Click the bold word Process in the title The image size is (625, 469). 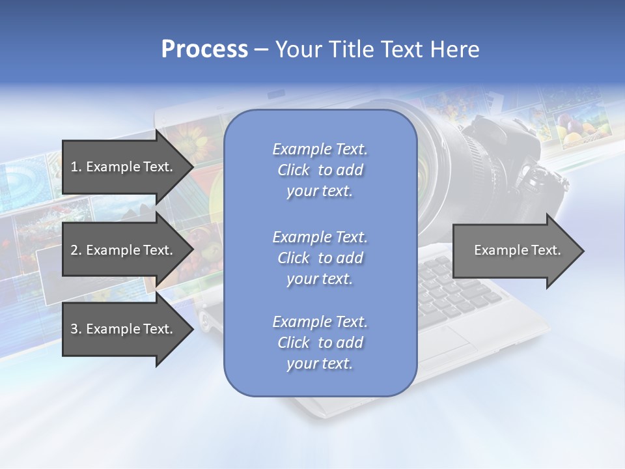coord(204,50)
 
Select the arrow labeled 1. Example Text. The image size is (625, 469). coord(124,167)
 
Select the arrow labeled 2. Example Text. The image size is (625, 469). coord(124,250)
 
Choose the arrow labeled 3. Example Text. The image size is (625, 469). coord(124,329)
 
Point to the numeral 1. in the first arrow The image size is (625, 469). coord(76,167)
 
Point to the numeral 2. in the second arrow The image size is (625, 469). coord(76,250)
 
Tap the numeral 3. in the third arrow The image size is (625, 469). coord(76,329)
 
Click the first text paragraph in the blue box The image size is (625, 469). coord(320,170)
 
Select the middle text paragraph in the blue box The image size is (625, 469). coord(320,257)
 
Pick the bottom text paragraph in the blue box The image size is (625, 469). coord(320,343)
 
